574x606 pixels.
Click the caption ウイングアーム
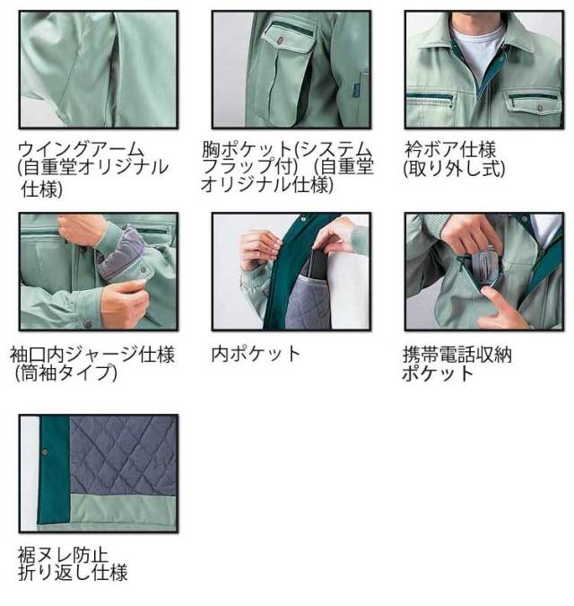[x=80, y=148]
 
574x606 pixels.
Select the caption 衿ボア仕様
[x=449, y=148]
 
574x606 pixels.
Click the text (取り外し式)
[x=454, y=166]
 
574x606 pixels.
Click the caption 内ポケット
[x=256, y=354]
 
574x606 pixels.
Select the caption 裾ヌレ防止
[x=63, y=554]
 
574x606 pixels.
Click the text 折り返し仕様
[x=73, y=572]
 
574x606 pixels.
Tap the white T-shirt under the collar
[x=473, y=45]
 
